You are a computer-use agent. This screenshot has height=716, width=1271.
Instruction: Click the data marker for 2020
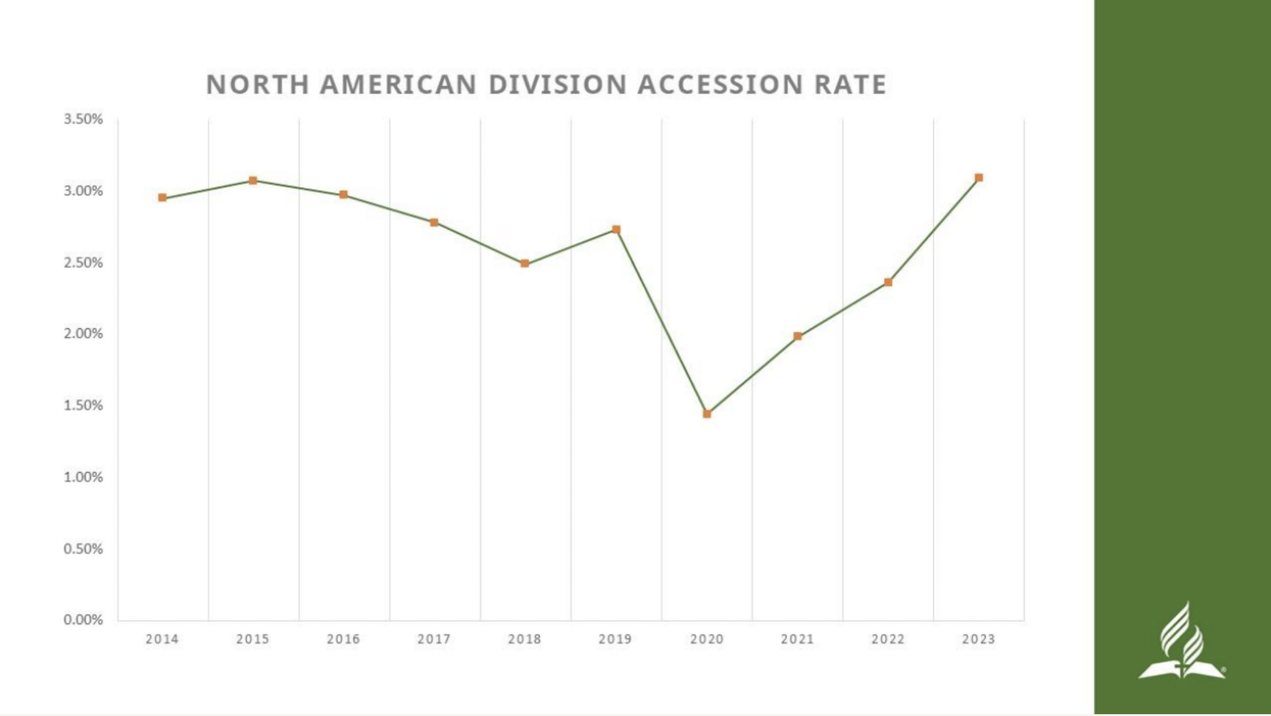[x=707, y=414]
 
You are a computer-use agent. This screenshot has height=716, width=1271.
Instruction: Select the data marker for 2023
[x=979, y=177]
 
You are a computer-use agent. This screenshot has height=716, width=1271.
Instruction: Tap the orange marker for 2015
[x=253, y=181]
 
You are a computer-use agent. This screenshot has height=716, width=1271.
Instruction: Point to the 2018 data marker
[x=525, y=264]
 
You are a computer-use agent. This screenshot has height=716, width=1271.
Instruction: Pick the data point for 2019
[x=616, y=229]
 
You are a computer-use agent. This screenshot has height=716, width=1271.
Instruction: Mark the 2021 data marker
[x=798, y=336]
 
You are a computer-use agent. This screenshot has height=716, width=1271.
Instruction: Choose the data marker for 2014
[x=162, y=197]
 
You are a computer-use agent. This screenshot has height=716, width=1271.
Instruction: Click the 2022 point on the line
[x=888, y=282]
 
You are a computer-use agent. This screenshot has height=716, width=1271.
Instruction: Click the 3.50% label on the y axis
[x=83, y=120]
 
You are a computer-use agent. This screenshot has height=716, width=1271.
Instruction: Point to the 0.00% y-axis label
[x=83, y=620]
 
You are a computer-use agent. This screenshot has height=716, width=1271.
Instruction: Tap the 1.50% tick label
[x=83, y=406]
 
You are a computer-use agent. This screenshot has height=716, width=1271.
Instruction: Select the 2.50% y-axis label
[x=83, y=263]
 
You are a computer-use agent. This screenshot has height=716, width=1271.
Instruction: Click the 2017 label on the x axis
[x=434, y=639]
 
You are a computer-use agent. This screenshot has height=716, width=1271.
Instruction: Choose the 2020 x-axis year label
[x=707, y=639]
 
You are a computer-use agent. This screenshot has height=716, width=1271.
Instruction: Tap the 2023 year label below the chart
[x=978, y=639]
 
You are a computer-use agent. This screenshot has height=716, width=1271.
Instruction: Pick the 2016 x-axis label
[x=343, y=639]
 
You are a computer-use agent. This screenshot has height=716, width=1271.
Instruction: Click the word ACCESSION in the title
[x=720, y=85]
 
